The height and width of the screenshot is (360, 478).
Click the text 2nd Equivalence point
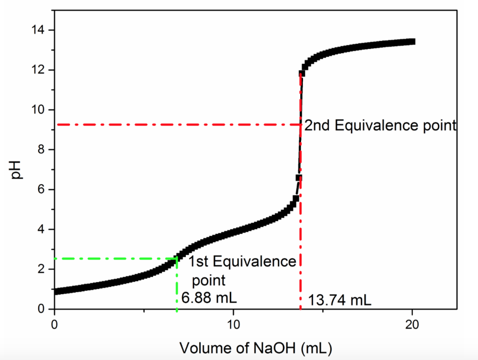tap(380, 125)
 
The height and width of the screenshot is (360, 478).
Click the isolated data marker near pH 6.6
tap(299, 178)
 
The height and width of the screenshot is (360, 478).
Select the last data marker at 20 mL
tap(412, 42)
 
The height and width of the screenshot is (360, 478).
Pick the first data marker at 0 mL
tap(56, 291)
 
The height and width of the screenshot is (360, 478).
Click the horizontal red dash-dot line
tap(177, 125)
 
